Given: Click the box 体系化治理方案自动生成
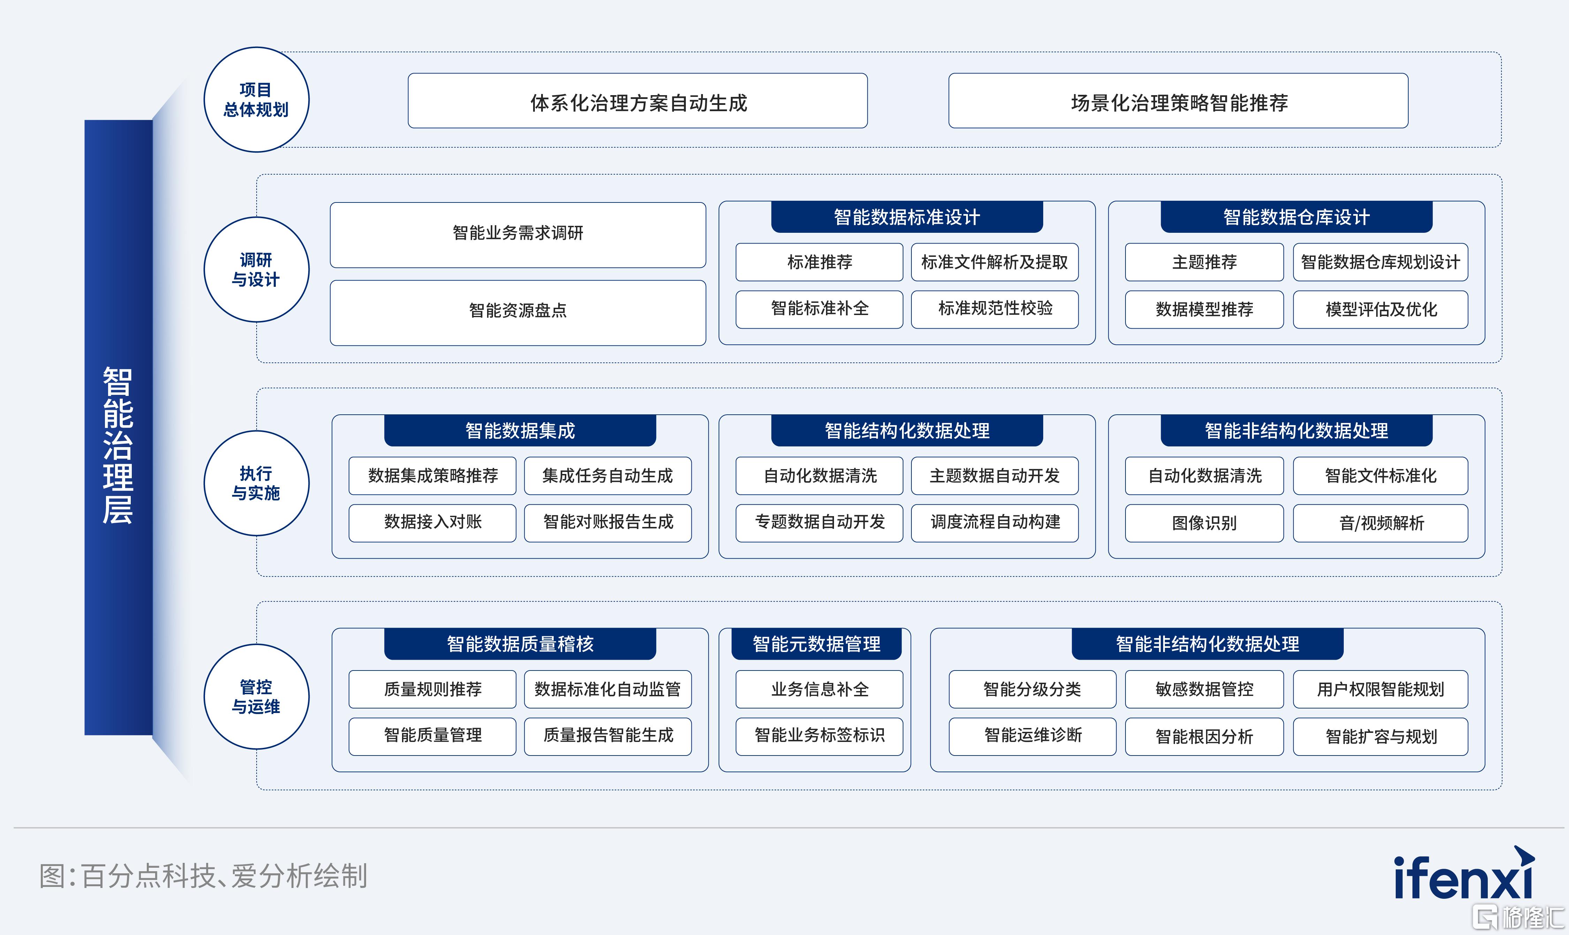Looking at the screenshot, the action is coord(637,101).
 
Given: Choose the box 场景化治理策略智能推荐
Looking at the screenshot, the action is coord(1178,101).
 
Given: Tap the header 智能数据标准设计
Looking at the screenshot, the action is coord(907,217).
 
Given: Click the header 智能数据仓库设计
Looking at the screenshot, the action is coord(1296,217).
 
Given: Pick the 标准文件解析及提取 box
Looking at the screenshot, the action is coord(995,262).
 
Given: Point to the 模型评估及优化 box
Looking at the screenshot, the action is coord(1380,309).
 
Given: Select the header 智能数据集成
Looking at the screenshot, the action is coord(520,430).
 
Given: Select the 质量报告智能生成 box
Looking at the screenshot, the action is coord(608,736).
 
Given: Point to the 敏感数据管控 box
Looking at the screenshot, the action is coord(1204,689).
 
